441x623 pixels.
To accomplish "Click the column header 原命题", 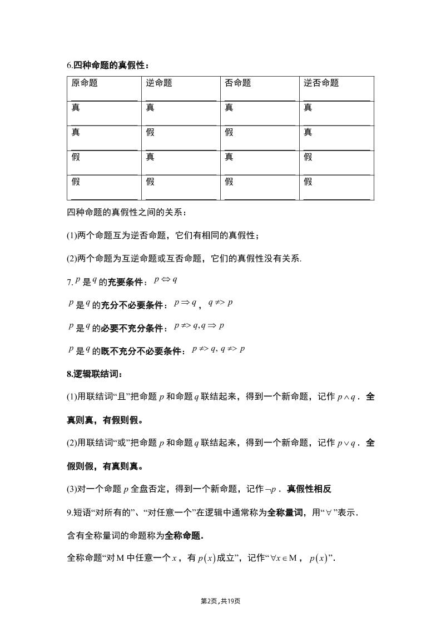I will (85, 83).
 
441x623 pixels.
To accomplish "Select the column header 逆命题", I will (159, 83).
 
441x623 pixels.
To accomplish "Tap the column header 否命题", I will (238, 83).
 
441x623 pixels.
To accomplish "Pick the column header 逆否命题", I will (321, 83).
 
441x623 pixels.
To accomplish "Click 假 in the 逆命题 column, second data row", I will (151, 132).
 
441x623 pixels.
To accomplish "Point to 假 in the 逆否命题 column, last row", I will (308, 182).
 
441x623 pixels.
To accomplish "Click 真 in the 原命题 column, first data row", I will (76, 108).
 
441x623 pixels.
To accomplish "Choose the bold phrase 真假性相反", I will (309, 489).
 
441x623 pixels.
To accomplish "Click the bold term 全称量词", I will (285, 513).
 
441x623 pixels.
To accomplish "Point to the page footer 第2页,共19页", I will (220, 601).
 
